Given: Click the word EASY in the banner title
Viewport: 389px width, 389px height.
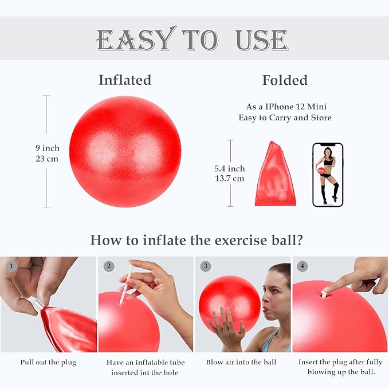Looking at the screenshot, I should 134,40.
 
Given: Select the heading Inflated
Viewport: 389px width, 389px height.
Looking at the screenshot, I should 125,80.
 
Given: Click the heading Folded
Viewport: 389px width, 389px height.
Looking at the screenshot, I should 285,80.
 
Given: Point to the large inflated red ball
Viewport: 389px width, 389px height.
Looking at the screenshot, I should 125,151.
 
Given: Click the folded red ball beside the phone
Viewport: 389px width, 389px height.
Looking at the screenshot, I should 274,174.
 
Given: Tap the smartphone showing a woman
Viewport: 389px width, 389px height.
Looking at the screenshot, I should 328,174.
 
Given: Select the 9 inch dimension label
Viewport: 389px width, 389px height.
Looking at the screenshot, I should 47,148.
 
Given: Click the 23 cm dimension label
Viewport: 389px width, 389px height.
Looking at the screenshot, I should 47,159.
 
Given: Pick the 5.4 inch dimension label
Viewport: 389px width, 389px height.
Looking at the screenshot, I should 229,168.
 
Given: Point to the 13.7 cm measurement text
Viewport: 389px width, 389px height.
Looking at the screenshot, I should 229,178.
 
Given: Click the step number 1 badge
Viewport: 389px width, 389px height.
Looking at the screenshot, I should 10,266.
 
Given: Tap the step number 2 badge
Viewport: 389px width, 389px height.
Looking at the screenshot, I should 109,266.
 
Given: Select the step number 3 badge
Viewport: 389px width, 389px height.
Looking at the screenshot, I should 206,266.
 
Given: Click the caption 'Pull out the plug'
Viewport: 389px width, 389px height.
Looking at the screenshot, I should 48,362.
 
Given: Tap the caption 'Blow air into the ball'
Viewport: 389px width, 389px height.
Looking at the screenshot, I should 241,362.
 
